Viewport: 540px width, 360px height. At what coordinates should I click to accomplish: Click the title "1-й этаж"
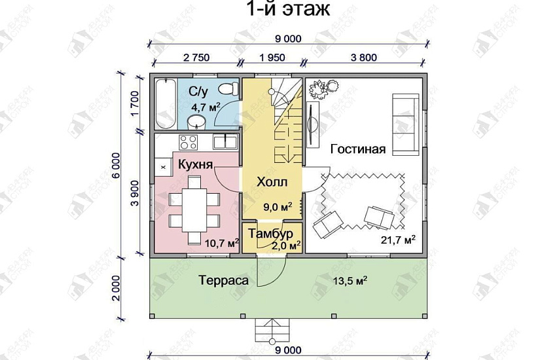(x=289, y=10)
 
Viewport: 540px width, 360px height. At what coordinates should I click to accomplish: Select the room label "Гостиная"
(x=357, y=149)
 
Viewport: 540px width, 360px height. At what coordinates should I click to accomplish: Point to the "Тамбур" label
(x=271, y=234)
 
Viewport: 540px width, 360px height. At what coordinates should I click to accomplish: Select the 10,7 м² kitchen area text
(x=221, y=243)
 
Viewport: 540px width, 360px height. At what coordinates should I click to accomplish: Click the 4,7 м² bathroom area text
(x=205, y=106)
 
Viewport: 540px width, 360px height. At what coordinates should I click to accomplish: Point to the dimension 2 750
(x=196, y=58)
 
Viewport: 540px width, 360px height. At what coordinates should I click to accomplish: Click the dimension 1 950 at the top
(x=271, y=58)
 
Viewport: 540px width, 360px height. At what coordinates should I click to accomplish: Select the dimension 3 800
(x=363, y=58)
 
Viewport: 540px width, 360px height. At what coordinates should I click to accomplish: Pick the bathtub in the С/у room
(x=165, y=103)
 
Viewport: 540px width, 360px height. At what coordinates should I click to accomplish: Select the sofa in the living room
(x=405, y=123)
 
